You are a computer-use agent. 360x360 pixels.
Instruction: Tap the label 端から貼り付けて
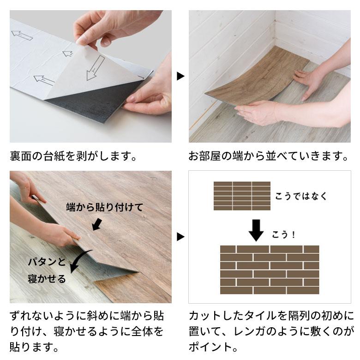click(104, 206)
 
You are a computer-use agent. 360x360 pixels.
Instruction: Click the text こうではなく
click(301, 196)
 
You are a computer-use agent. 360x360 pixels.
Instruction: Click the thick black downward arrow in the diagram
click(256, 229)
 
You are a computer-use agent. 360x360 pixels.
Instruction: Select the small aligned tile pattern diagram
click(242, 196)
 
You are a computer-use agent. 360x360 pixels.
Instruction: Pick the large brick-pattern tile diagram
click(269, 270)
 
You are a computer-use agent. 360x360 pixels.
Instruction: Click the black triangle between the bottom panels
click(180, 237)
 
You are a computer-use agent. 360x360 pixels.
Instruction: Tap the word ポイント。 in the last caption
click(210, 346)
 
